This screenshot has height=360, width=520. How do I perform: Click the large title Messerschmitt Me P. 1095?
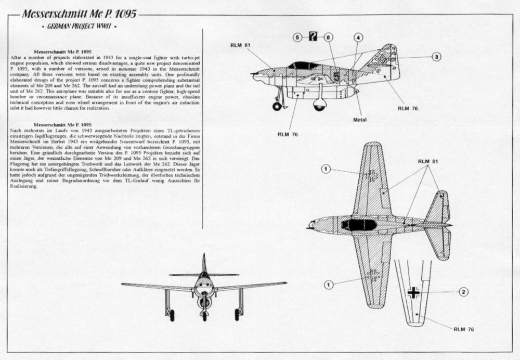(79, 14)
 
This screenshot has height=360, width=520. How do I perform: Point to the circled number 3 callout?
(436, 57)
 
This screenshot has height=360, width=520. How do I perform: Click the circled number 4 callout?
(358, 37)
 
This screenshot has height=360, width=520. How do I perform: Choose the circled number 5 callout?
(297, 37)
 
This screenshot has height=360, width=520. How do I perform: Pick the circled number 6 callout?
(328, 37)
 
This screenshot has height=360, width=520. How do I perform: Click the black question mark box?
(313, 36)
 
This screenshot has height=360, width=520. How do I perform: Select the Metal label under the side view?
(360, 120)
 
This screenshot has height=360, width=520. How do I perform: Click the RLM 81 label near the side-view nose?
(240, 45)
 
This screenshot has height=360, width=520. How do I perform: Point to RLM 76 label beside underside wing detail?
(463, 329)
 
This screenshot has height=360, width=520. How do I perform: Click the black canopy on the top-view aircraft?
(359, 225)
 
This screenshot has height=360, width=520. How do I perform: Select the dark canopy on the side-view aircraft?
(304, 66)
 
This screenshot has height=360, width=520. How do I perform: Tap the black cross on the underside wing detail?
(413, 292)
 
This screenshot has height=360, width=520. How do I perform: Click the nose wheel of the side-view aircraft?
(277, 106)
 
